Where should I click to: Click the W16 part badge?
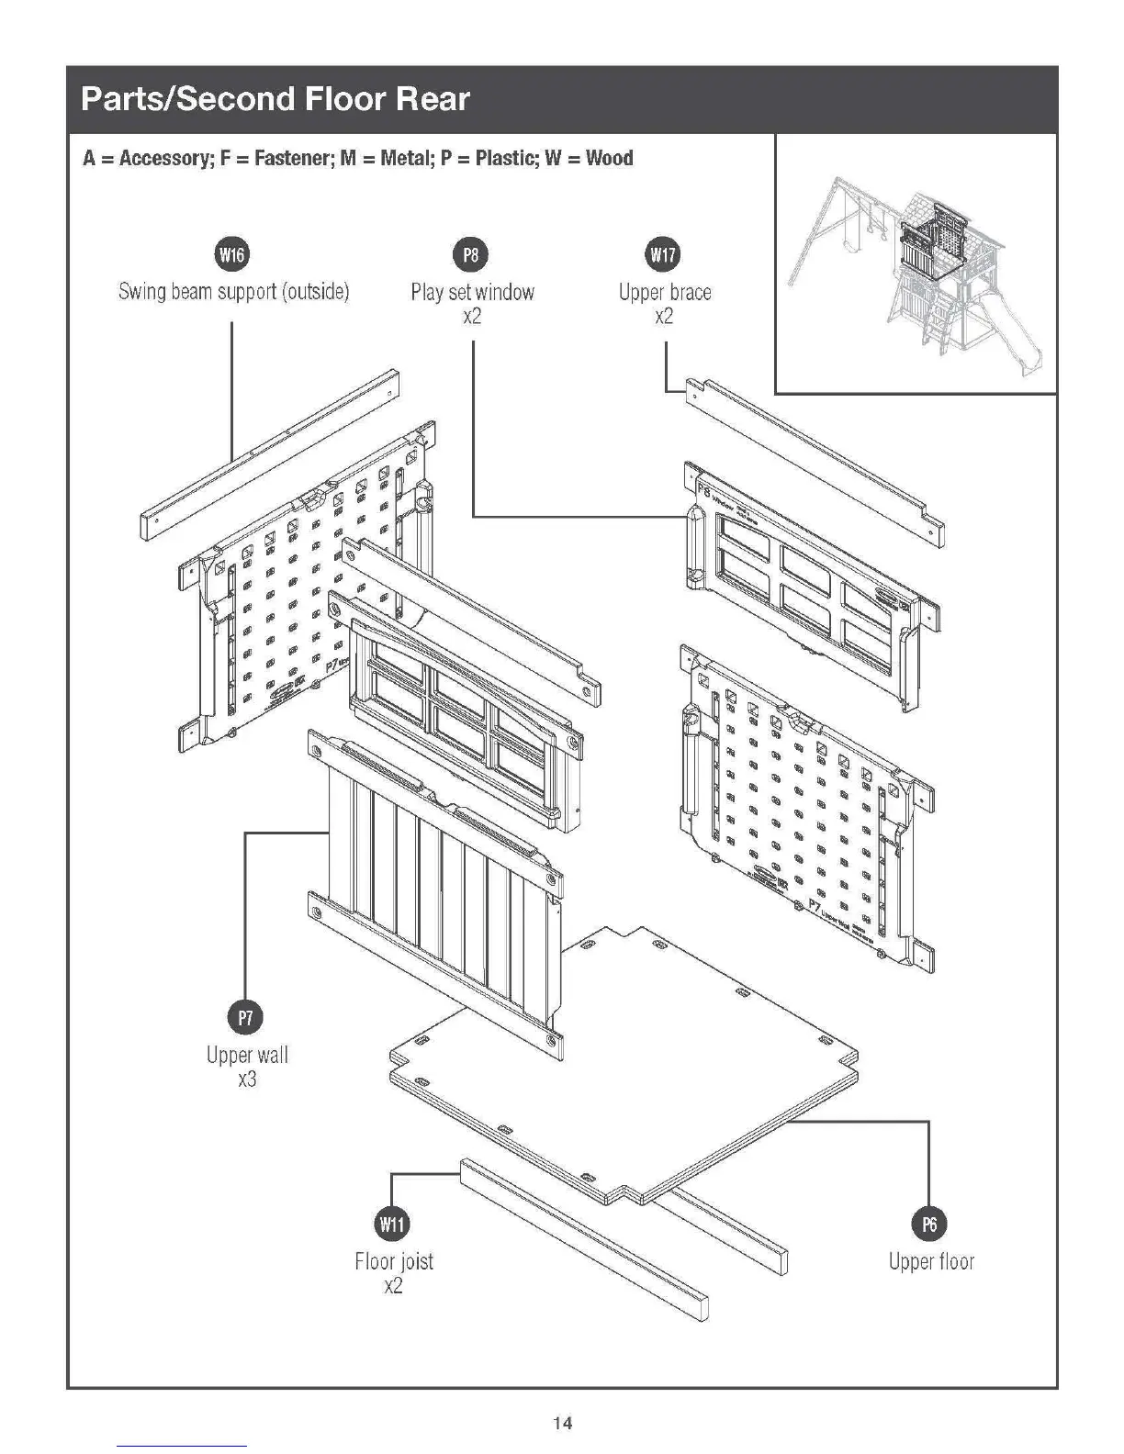231,254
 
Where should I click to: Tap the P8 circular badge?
471,254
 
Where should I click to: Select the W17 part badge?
664,254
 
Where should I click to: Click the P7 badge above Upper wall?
245,1017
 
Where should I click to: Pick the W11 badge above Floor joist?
392,1224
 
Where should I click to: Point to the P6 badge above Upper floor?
929,1224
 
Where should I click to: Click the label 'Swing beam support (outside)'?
234,292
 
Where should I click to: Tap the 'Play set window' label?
472,292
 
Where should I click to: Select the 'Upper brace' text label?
665,292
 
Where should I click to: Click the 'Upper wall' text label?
247,1055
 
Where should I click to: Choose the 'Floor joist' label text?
394,1261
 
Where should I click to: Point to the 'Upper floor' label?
931,1261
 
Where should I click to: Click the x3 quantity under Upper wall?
247,1079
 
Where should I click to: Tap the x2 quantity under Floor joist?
393,1285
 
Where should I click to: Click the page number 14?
562,1423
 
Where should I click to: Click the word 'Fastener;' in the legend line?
293,158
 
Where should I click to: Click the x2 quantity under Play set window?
472,317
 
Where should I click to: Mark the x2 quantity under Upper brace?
664,317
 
